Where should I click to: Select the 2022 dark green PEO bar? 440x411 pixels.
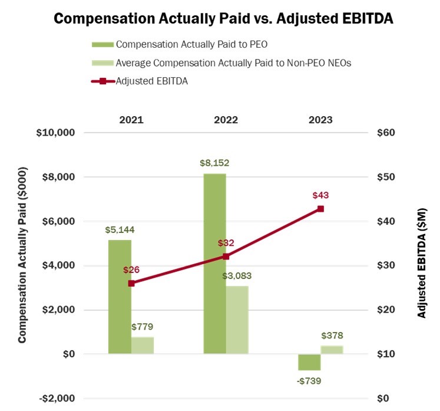[214, 264]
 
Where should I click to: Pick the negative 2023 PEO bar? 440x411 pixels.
[309, 362]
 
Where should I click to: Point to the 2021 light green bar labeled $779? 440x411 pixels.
[143, 346]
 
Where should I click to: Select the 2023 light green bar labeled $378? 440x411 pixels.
[332, 350]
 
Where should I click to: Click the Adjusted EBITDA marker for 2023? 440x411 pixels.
[320, 209]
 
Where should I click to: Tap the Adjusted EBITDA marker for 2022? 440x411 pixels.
[226, 257]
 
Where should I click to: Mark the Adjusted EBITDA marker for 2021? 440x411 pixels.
[131, 283]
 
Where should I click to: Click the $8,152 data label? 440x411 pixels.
[214, 163]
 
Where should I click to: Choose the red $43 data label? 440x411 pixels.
[320, 195]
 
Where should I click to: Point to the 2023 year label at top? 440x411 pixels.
[320, 120]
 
